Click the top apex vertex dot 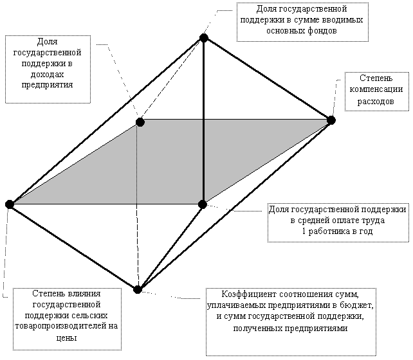point(203,38)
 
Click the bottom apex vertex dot point(137,289)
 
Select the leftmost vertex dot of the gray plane point(10,204)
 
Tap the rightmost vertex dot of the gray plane point(331,120)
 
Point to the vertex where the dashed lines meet point(140,122)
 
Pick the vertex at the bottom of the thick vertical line point(202,204)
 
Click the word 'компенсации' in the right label point(376,89)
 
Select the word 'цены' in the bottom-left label point(66,337)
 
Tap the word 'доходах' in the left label point(48,75)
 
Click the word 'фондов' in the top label point(322,31)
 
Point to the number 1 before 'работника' point(304,231)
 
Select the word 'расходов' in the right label point(376,102)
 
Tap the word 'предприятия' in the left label point(47,85)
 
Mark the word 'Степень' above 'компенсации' point(376,78)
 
